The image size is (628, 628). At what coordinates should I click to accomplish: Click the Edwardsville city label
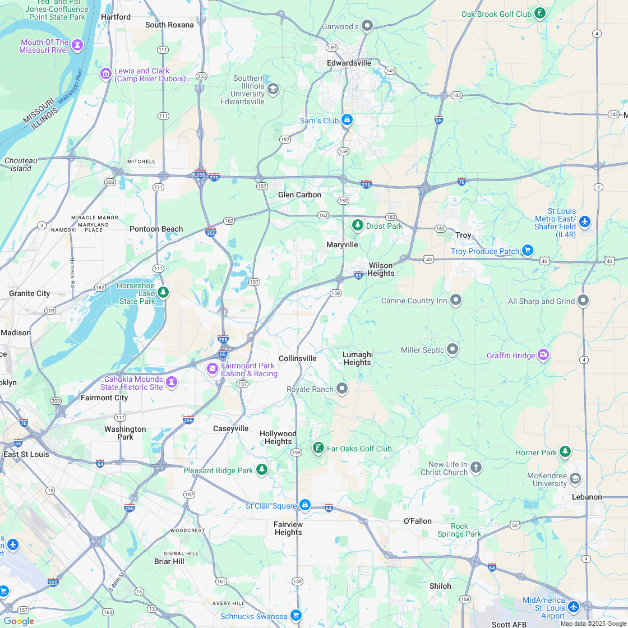349,63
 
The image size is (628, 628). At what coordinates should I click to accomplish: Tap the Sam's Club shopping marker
347,120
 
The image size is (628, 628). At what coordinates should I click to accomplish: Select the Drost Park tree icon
357,225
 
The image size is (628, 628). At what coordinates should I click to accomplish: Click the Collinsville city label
297,358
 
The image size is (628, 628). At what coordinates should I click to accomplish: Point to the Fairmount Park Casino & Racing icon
213,368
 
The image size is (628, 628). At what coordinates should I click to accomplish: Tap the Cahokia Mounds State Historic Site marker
172,382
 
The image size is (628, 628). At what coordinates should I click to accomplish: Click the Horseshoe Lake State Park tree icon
163,292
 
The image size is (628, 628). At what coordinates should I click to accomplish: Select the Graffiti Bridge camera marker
543,355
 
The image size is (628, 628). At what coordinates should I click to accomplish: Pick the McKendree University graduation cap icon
575,479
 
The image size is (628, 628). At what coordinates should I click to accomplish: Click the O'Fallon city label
418,521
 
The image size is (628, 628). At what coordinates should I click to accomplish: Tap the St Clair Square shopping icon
304,505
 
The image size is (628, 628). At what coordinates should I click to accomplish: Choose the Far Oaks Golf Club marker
318,448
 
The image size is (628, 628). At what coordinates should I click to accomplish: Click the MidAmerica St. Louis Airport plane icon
573,607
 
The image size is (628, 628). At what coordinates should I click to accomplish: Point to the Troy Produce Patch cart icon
527,250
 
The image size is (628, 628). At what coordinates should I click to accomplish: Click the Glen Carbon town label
300,195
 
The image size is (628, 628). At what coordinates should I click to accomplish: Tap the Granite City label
29,293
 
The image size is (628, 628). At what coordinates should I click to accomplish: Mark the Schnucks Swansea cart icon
296,616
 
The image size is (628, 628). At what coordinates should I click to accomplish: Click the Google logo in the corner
19,621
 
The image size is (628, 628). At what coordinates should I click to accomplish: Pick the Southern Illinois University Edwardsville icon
273,89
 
